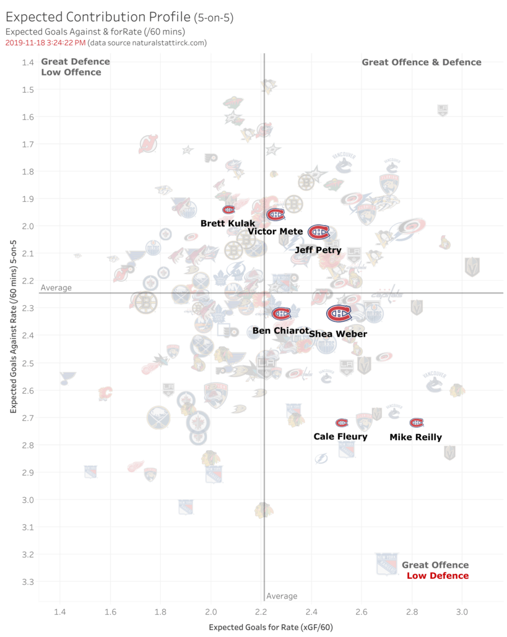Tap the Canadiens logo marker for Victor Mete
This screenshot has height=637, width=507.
[275, 215]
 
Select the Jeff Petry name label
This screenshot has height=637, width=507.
[318, 251]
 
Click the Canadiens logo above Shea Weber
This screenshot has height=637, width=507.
[339, 314]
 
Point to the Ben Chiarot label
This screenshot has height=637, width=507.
[280, 331]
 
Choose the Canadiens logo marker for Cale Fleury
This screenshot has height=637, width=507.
[342, 423]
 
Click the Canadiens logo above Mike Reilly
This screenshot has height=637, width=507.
[417, 423]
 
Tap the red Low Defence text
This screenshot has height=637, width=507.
[438, 576]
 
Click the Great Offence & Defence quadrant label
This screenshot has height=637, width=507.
[421, 62]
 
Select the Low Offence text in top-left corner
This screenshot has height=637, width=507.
[71, 72]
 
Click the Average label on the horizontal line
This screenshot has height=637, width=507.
[56, 288]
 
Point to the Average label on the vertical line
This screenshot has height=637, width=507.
[282, 596]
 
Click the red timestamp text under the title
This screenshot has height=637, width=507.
[45, 43]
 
